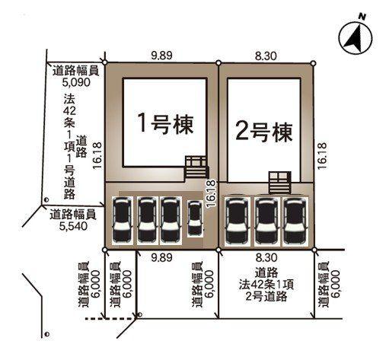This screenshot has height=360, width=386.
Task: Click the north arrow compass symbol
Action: click(356, 37)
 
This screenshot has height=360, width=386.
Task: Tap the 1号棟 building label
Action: click(165, 125)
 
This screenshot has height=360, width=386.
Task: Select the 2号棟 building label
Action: click(264, 132)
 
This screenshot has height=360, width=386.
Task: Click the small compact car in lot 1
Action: click(195, 218)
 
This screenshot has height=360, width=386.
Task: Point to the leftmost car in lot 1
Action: click(123, 220)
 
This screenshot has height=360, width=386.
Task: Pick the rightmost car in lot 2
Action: click(295, 221)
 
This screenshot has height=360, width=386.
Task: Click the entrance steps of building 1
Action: click(196, 168)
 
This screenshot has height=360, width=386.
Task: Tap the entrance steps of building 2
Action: click(279, 183)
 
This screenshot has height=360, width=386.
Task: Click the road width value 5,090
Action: click(76, 82)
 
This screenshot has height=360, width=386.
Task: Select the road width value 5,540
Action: click(73, 226)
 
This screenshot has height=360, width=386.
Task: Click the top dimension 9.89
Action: click(161, 56)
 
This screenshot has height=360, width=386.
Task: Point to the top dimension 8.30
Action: click(266, 56)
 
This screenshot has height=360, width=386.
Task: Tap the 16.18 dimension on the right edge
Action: click(321, 156)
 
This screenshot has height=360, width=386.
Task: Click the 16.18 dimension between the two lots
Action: click(211, 194)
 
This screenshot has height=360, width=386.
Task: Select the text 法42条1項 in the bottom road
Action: click(266, 285)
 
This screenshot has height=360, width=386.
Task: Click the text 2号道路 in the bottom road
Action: click(266, 296)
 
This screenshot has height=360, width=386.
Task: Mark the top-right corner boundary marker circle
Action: click(314, 63)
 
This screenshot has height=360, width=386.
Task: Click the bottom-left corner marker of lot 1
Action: click(104, 250)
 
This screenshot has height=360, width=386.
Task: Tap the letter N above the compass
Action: click(362, 17)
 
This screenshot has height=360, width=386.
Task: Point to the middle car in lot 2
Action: click(266, 221)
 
